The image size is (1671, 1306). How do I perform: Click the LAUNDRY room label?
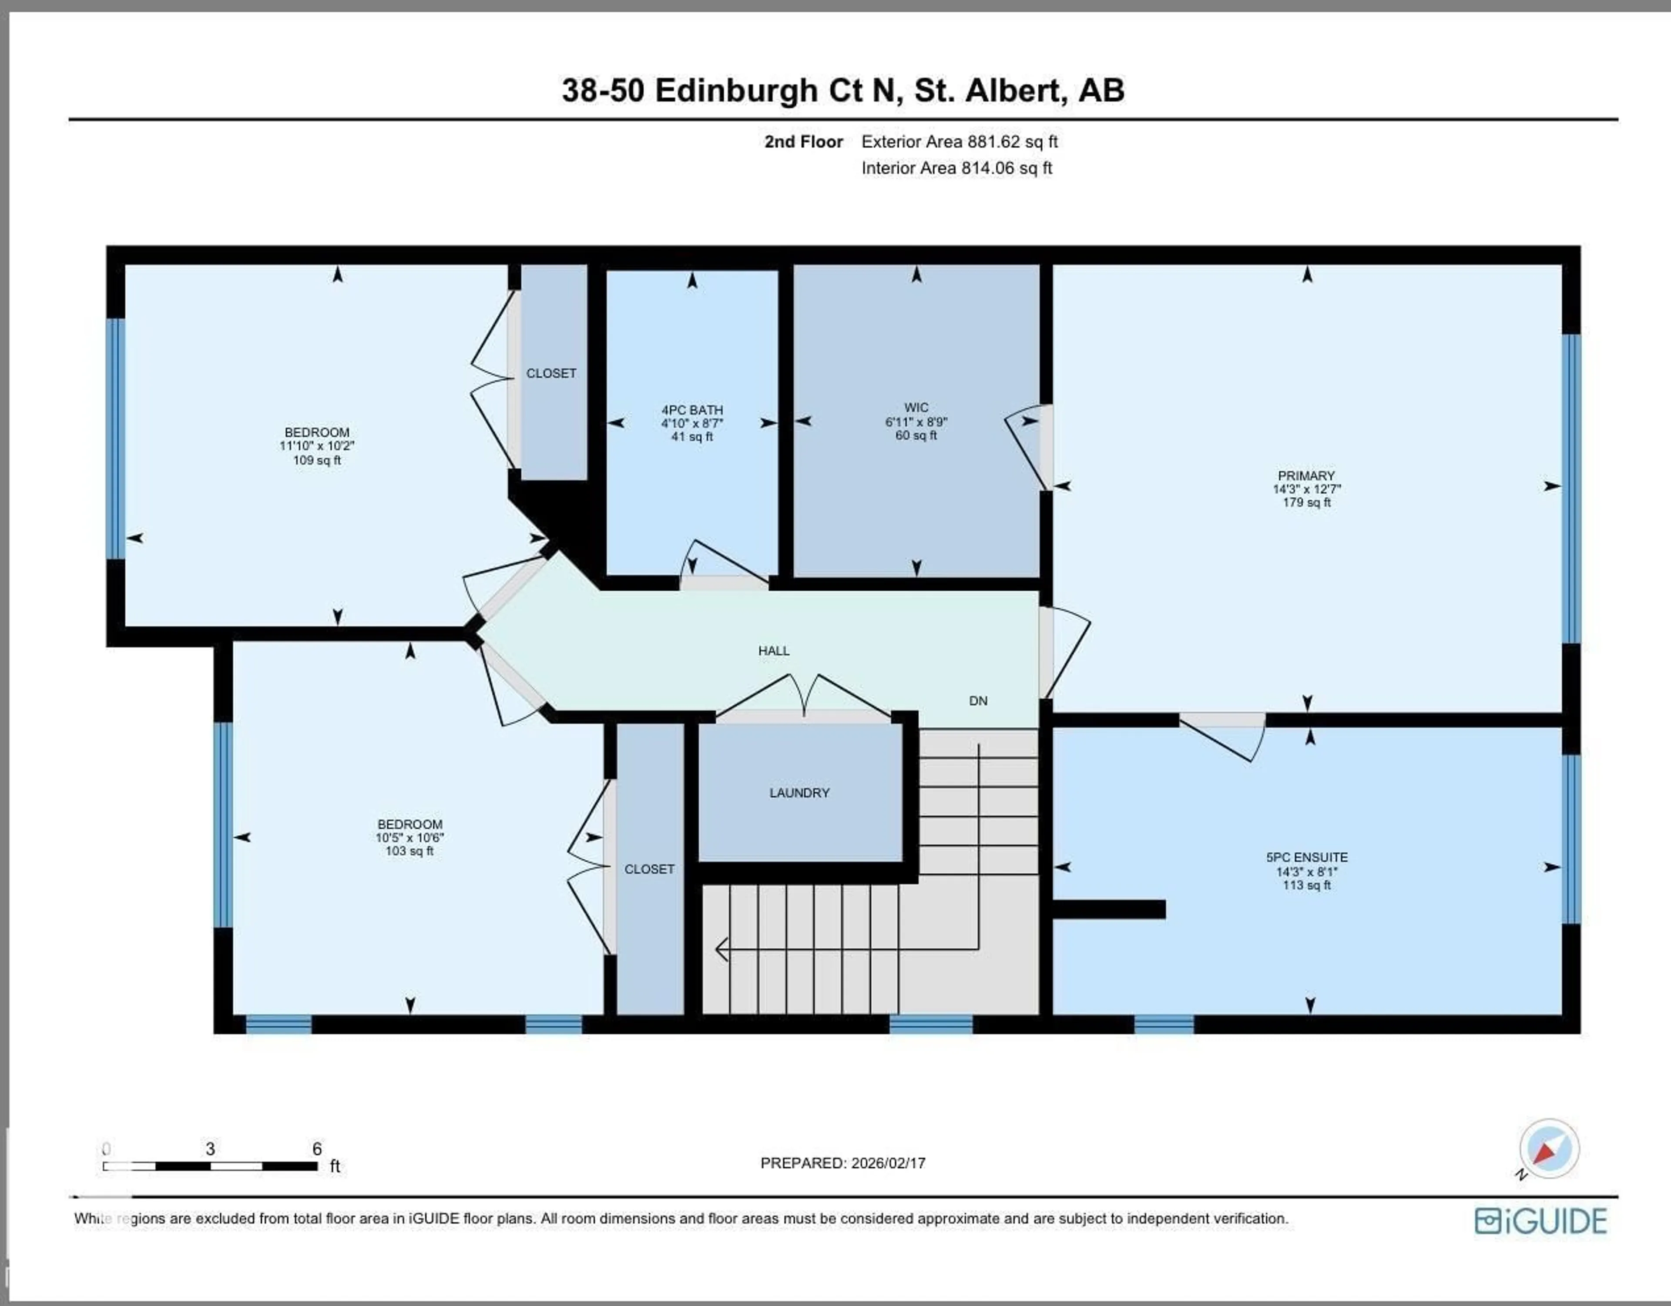[799, 793]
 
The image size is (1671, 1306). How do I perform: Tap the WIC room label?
[916, 408]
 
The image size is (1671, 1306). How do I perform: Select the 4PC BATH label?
[691, 410]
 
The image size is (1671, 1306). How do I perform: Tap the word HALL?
[774, 650]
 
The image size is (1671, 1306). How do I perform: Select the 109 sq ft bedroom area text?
[317, 460]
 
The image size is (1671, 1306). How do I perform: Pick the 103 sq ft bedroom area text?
[409, 851]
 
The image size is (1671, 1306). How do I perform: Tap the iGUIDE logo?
[1540, 1220]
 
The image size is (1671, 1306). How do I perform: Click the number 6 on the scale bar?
[317, 1149]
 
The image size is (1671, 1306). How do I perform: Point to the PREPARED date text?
[842, 1163]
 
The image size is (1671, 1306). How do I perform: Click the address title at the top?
[842, 90]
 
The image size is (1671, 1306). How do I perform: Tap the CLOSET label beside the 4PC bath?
[551, 373]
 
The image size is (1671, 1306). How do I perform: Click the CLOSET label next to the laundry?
[649, 869]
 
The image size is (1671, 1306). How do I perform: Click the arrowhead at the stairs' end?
[721, 949]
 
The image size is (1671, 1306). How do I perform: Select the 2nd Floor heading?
[803, 141]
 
